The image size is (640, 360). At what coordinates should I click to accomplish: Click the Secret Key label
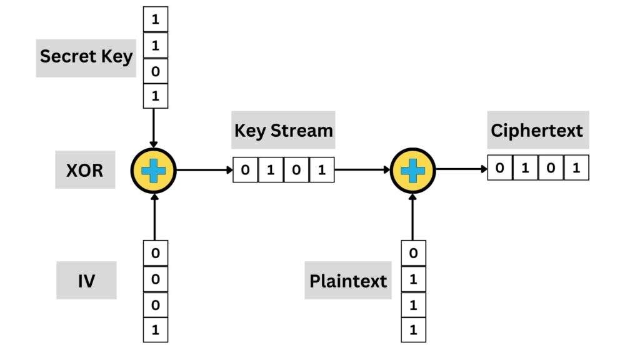86,56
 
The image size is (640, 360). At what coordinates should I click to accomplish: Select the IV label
86,281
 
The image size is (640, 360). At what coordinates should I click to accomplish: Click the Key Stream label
283,131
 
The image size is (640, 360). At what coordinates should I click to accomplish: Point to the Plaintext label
348,281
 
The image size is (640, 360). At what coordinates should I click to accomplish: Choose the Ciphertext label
537,131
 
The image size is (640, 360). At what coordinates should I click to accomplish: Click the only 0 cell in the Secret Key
156,71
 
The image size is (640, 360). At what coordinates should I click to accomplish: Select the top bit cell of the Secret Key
156,19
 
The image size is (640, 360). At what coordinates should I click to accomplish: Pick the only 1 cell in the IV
156,330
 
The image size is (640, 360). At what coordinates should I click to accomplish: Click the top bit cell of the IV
156,254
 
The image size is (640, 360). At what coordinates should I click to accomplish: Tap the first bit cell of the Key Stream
246,170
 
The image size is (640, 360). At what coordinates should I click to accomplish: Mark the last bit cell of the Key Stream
321,170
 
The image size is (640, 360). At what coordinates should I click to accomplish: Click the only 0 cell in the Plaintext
412,254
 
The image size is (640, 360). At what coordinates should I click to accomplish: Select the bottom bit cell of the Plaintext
412,330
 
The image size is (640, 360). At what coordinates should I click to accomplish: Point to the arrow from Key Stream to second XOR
362,169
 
